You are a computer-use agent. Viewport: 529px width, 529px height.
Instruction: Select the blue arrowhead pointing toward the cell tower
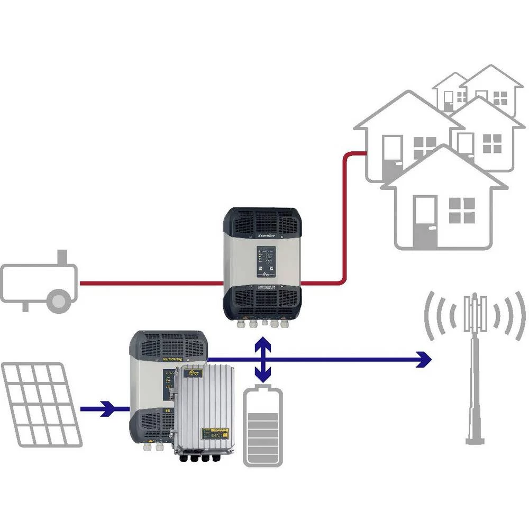coord(423,360)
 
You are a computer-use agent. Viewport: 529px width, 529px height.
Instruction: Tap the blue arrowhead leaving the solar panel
coord(108,408)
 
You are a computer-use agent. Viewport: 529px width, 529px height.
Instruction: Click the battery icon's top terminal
coord(263,388)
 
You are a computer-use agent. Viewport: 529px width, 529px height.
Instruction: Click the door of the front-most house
coord(426,220)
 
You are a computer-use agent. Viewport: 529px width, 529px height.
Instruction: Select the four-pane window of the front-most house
coord(461,210)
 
